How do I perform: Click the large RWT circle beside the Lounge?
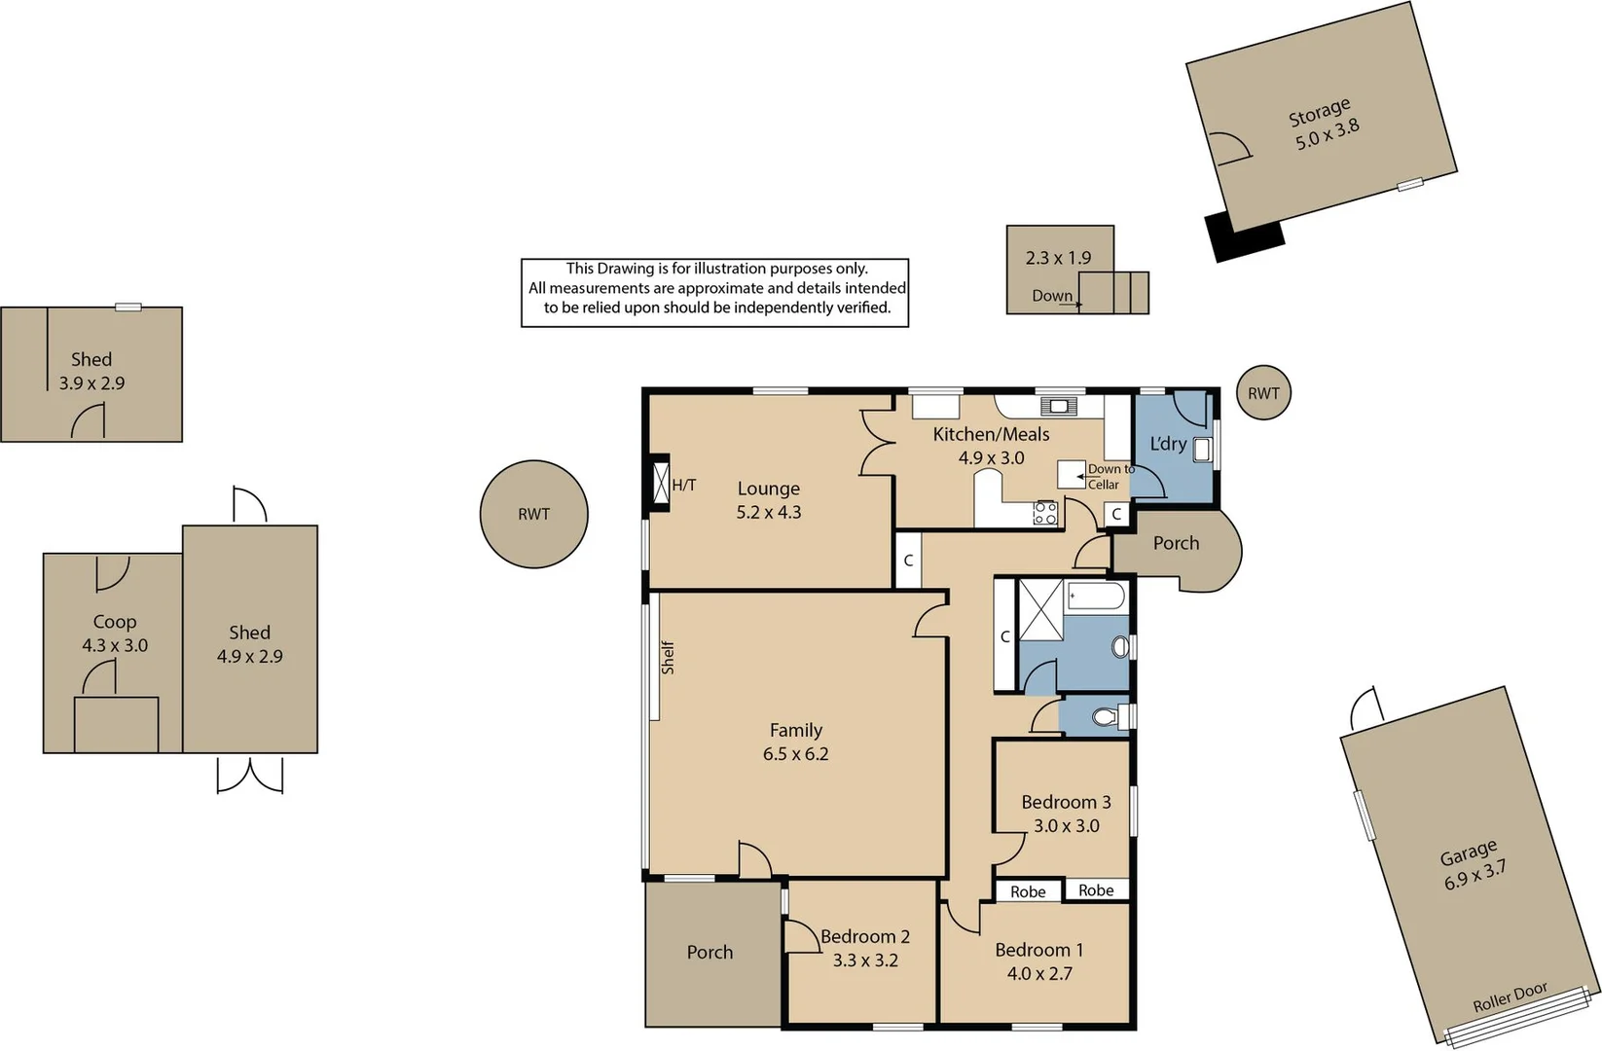coord(533,514)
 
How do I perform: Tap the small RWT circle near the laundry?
coord(1263,392)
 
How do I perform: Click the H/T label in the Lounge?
coord(683,486)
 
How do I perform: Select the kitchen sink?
coord(1059,407)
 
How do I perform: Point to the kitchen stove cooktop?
coord(1045,514)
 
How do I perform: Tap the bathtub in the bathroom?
coord(1096,597)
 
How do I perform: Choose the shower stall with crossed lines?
coord(1040,610)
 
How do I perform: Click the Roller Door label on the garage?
coord(1510,997)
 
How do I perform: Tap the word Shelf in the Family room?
coord(668,657)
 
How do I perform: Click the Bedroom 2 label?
coord(864,936)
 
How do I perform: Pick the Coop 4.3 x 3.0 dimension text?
coord(115,645)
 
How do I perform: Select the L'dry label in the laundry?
coord(1168,444)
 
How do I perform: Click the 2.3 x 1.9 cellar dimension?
coord(1059,257)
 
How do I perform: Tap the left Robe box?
coord(1028,891)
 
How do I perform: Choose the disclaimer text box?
coord(714,293)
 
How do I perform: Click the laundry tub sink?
coord(1201,450)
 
